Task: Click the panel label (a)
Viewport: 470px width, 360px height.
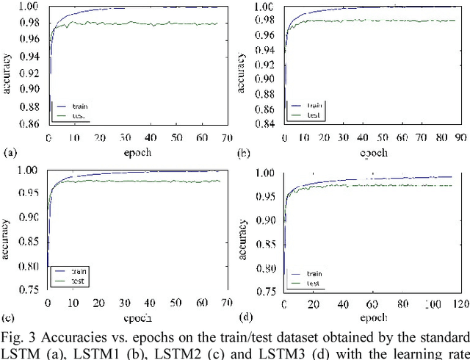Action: pos(9,153)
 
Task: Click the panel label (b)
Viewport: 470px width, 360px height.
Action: pos(243,154)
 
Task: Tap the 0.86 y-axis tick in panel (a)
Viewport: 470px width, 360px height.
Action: pos(34,124)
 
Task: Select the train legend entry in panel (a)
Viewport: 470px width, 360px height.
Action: pos(82,106)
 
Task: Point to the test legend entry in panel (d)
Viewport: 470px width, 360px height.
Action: pos(313,283)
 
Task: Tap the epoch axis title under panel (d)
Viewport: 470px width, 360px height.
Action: pos(372,318)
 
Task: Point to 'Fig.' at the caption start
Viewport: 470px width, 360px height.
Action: pos(16,337)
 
